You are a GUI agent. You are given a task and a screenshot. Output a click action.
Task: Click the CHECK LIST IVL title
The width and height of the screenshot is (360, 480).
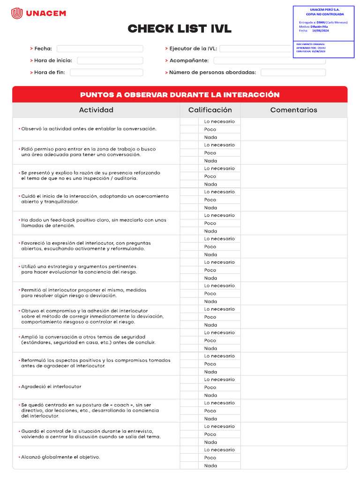[180, 29]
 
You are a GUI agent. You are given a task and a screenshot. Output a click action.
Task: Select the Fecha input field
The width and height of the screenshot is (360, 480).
[100, 49]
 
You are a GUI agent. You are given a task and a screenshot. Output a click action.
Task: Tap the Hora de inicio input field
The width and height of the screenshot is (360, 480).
[110, 60]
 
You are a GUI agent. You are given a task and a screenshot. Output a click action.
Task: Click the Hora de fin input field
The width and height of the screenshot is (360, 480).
[106, 73]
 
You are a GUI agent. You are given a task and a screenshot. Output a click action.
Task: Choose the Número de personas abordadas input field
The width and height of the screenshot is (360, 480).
[293, 73]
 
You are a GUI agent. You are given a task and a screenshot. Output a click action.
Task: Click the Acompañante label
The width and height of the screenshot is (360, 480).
[188, 60]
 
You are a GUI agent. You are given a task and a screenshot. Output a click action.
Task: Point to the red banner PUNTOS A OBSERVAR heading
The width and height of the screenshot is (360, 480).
[180, 95]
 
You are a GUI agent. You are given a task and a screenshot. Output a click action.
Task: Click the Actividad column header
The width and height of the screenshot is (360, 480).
[96, 110]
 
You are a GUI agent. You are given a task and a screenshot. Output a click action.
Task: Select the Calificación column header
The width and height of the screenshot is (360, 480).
[210, 110]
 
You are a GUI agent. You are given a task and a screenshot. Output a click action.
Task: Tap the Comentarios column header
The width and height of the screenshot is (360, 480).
[293, 110]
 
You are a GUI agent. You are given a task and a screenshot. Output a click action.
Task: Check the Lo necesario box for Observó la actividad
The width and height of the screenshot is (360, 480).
[189, 121]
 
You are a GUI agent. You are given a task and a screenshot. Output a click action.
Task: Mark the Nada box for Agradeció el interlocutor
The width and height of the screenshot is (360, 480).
[189, 395]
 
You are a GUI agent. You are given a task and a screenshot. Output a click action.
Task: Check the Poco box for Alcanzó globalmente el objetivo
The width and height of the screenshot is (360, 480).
[189, 457]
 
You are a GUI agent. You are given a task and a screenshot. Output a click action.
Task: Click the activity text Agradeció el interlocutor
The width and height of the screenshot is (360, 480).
[51, 387]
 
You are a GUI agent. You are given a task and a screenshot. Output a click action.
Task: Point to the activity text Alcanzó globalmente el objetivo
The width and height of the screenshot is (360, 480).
[60, 457]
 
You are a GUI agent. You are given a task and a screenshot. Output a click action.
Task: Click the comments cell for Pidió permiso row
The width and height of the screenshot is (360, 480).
[294, 153]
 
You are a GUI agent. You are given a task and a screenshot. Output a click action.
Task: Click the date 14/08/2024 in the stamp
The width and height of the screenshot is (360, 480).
[321, 30]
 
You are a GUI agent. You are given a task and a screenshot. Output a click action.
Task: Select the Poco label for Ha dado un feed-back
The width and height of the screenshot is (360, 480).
[210, 223]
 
